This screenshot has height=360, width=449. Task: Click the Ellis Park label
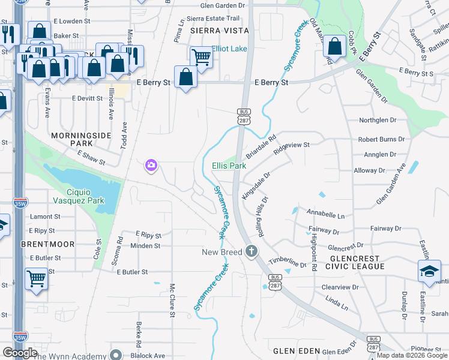tap(229, 166)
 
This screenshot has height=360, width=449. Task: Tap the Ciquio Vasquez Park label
tap(79, 195)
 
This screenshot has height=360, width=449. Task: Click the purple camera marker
tap(151, 165)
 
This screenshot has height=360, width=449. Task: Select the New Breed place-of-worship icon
tap(252, 251)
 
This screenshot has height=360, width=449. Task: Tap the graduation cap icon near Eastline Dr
tap(429, 271)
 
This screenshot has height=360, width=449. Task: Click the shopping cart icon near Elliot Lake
tap(201, 58)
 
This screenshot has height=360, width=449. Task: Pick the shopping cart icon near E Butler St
tap(36, 278)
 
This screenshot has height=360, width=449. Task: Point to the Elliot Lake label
tap(229, 49)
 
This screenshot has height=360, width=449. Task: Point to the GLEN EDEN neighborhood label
tap(294, 350)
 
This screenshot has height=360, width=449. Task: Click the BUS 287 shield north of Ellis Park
tap(243, 116)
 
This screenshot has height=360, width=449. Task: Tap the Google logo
tap(20, 353)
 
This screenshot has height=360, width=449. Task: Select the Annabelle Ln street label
tap(325, 214)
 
